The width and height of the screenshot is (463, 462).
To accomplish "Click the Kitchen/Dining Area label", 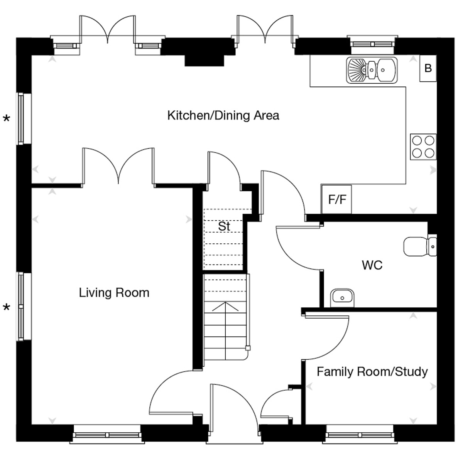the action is [223, 115].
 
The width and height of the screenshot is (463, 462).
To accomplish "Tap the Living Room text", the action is [114, 293].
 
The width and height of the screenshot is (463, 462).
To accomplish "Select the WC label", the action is [372, 265].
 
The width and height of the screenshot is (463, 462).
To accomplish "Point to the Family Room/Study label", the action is [372, 372].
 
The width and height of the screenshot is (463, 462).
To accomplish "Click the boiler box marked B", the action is [428, 68].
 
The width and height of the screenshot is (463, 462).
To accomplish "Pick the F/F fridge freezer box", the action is [336, 199].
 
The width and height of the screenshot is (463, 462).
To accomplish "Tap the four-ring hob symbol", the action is [423, 147].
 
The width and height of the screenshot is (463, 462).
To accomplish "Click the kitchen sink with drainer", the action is [372, 70].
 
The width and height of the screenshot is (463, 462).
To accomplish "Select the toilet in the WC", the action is [420, 247].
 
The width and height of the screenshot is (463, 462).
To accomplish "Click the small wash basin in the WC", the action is [342, 298].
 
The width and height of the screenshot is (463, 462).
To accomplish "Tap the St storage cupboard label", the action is [224, 226].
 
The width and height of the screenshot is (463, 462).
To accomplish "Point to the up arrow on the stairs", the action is [225, 307].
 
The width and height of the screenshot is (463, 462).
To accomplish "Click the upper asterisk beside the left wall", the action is [7, 119].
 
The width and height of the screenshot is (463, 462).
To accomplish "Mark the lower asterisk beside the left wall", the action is [7, 307].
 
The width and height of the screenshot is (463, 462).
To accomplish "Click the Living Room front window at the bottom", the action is [107, 435].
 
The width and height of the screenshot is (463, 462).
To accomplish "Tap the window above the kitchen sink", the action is [372, 44].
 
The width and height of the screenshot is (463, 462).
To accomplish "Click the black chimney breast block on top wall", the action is [204, 61].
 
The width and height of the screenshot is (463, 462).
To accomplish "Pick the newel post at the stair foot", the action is [248, 348].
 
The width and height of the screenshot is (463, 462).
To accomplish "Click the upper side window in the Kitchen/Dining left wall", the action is [24, 119].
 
